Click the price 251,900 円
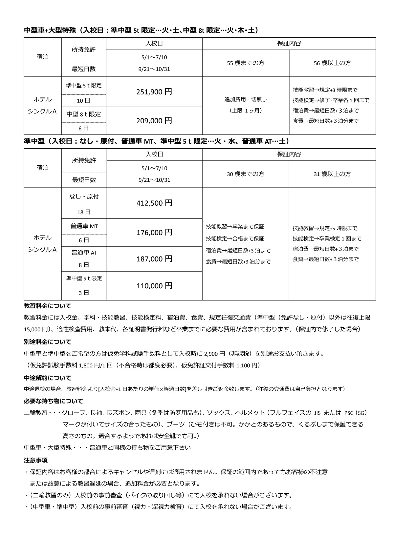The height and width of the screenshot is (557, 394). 154,92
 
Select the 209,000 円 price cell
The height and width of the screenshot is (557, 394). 154,121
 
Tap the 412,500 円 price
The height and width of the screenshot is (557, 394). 154,203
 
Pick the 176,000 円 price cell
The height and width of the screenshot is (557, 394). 154,233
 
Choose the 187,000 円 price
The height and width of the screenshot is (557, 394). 154,259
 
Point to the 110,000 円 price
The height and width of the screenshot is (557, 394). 154,286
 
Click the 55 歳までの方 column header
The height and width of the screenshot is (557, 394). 246,63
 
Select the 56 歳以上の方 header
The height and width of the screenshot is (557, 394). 332,63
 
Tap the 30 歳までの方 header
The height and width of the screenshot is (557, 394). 246,174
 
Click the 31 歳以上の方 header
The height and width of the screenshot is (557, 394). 332,174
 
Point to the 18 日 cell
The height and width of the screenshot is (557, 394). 84,212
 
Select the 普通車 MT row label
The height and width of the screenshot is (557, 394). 84,226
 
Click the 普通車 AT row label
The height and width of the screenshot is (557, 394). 84,253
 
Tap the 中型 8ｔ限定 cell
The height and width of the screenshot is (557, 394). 84,114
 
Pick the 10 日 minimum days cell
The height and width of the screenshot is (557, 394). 84,101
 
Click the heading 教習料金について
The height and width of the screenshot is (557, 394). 48,306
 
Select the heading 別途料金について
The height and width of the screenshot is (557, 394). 48,342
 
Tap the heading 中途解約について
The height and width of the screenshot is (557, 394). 48,378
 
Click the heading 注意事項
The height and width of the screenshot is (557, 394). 36,460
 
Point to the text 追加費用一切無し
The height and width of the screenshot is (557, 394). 246,99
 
